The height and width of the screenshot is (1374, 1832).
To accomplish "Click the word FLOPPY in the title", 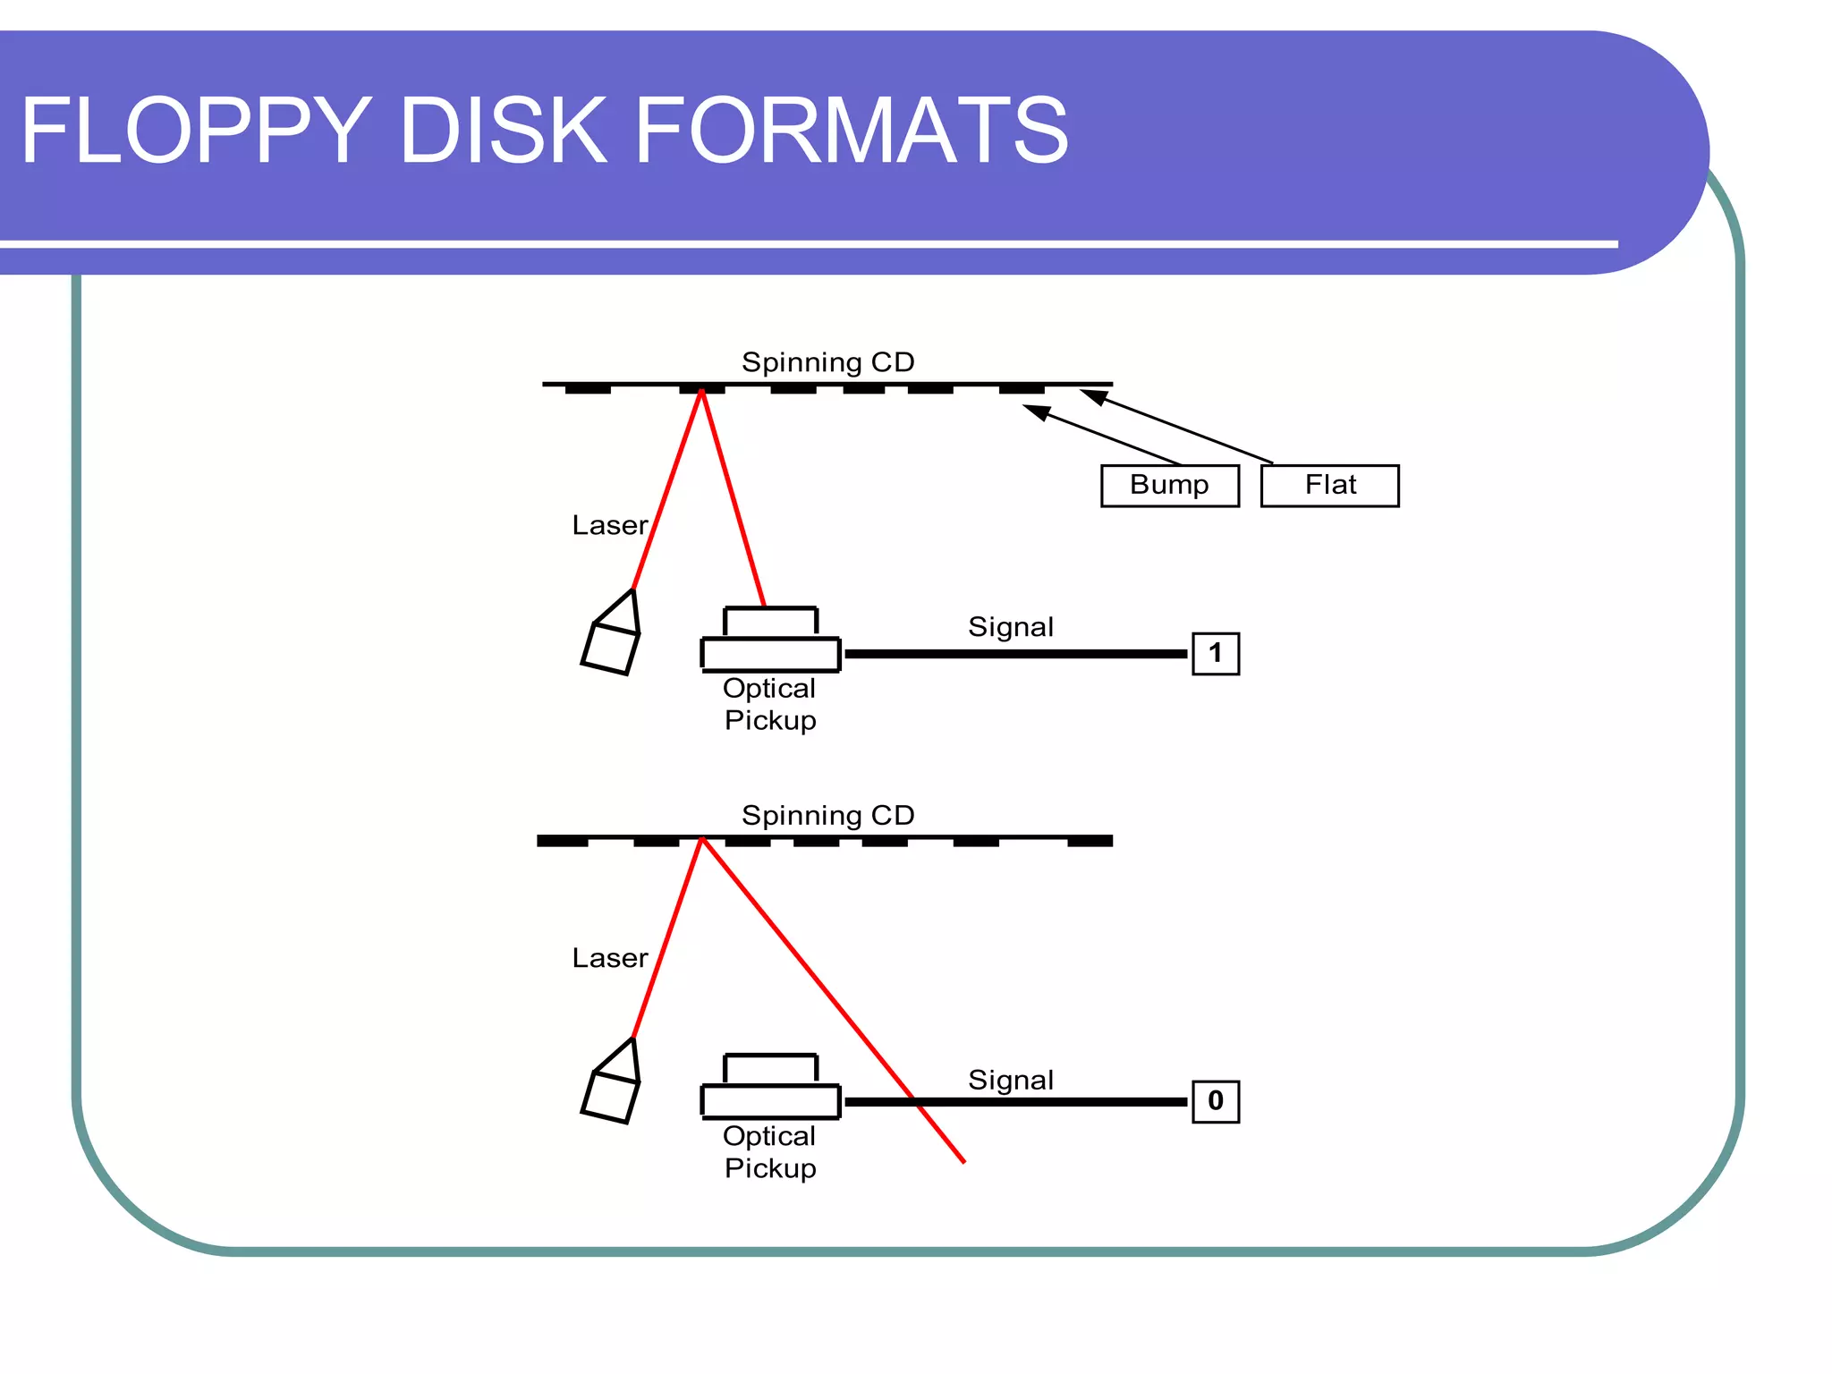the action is [x=196, y=131].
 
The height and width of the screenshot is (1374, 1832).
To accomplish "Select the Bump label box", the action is [x=1169, y=485].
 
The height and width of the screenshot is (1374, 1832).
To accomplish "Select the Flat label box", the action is [x=1329, y=485].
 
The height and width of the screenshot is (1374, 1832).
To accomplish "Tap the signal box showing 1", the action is [x=1215, y=653].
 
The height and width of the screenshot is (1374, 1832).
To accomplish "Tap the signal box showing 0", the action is [x=1215, y=1101].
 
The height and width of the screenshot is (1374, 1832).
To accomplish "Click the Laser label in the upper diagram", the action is [x=609, y=525].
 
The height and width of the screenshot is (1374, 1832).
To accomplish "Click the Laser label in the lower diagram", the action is [x=609, y=958].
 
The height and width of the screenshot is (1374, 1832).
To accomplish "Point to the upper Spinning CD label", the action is [x=827, y=362].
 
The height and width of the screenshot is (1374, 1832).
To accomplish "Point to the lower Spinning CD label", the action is [x=827, y=815].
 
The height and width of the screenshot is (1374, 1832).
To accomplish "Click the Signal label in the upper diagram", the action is [x=1011, y=626].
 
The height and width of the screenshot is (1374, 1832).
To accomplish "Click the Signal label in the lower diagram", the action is [x=1011, y=1080].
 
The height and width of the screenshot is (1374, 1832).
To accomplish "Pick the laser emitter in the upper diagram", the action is [x=612, y=636].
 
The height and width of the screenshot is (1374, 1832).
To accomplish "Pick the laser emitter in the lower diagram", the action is [x=612, y=1084].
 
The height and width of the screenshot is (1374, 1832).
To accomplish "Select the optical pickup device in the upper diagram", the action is [x=770, y=640].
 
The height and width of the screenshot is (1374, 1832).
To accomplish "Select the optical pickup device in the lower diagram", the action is [x=770, y=1089].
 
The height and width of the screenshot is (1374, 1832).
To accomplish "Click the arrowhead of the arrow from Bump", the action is [x=1035, y=412].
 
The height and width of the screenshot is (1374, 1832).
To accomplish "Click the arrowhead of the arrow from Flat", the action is [x=1092, y=396].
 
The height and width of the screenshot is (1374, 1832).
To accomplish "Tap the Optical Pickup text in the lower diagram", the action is [x=769, y=1152].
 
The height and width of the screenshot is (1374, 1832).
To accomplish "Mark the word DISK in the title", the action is [x=503, y=131].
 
